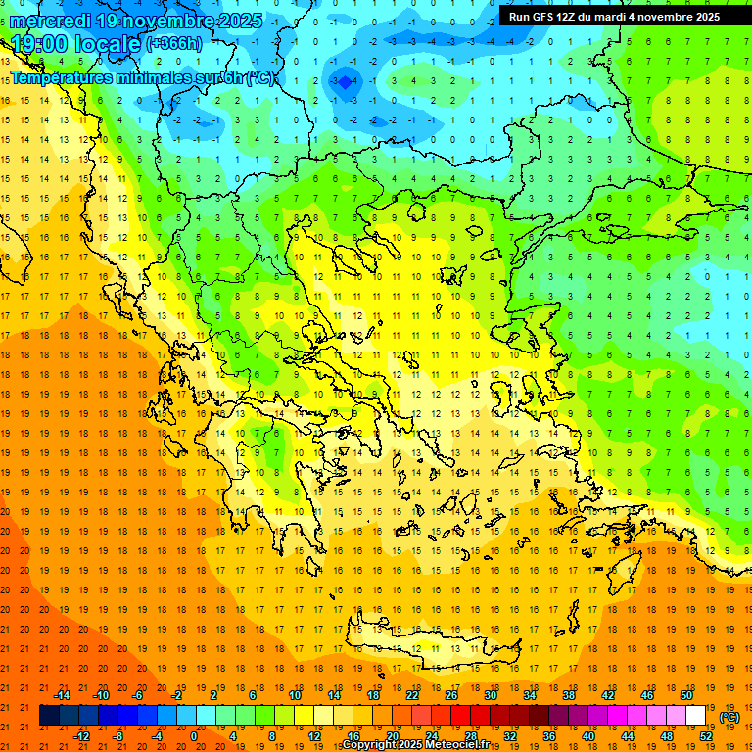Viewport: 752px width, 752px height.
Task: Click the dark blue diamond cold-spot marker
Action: click(x=344, y=83)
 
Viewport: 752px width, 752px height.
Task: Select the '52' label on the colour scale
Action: click(x=706, y=736)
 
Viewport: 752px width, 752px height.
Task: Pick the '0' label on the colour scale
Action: click(x=193, y=736)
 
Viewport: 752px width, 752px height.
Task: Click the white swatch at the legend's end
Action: click(x=696, y=716)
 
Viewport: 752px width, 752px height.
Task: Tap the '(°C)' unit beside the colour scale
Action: click(x=729, y=717)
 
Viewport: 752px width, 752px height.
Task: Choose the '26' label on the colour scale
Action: click(x=451, y=695)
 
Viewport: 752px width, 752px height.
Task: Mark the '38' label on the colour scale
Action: click(x=569, y=695)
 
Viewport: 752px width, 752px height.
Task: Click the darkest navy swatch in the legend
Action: click(x=50, y=716)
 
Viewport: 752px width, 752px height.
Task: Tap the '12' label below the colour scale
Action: click(x=314, y=736)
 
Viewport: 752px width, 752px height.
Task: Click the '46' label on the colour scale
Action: click(x=647, y=695)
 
